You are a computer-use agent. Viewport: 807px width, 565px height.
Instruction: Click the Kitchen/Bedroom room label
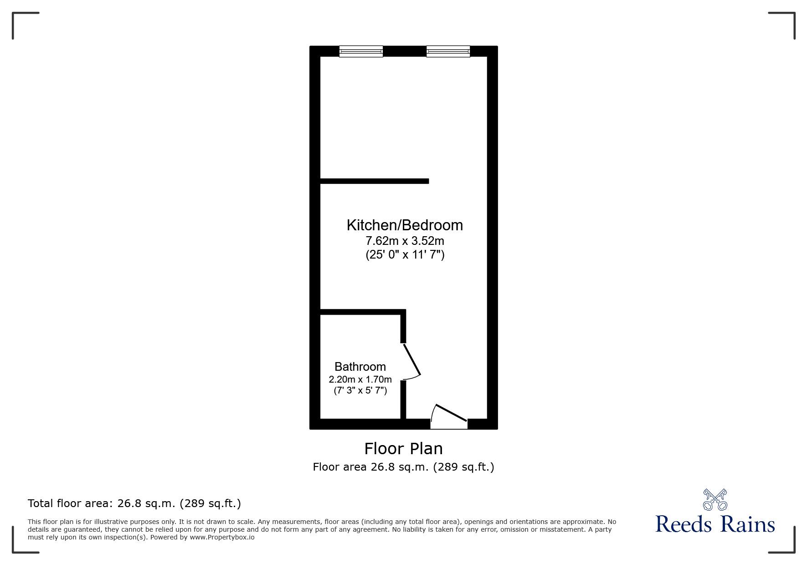pos(405,225)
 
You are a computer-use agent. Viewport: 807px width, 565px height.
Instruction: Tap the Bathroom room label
pos(360,367)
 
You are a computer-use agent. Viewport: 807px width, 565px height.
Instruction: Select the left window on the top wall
pos(361,51)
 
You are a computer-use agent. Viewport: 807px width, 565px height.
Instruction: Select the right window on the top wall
pos(448,51)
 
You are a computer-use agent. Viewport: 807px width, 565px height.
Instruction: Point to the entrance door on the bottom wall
pos(449,416)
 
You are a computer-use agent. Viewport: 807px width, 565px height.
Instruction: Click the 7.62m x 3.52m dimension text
pos(405,240)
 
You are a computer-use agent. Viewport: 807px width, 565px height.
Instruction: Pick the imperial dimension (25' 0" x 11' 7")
pos(405,254)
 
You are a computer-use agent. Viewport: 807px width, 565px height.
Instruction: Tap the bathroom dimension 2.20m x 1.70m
pos(360,379)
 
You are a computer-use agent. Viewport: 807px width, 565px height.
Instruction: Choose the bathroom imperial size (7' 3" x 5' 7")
pos(360,390)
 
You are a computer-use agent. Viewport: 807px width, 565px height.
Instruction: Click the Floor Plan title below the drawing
pos(404,449)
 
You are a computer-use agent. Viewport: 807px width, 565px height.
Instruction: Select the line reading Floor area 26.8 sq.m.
pos(404,467)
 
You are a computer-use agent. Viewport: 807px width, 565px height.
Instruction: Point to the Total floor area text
pos(134,503)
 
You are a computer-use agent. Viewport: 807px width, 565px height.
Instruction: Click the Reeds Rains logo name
pos(715,524)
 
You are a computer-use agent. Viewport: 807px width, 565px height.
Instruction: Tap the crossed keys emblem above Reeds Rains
pos(715,499)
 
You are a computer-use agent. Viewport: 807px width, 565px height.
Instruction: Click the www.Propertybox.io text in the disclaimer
pos(222,537)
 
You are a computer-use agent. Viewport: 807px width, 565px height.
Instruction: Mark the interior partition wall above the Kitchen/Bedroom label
pos(375,181)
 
